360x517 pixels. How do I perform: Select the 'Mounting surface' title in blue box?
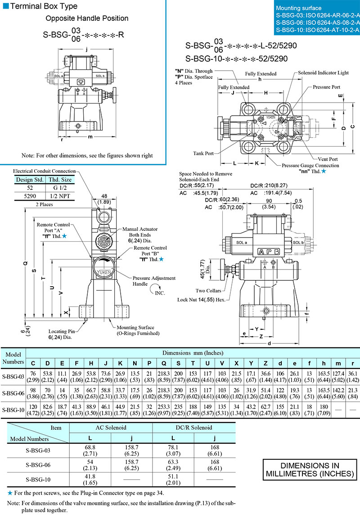coord(299,8)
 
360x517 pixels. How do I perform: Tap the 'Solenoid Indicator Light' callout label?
coord(323,72)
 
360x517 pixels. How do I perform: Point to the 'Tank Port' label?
coord(203,153)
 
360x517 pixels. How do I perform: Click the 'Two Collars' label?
coord(208,291)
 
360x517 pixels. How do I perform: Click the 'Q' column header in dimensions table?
coord(165,363)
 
